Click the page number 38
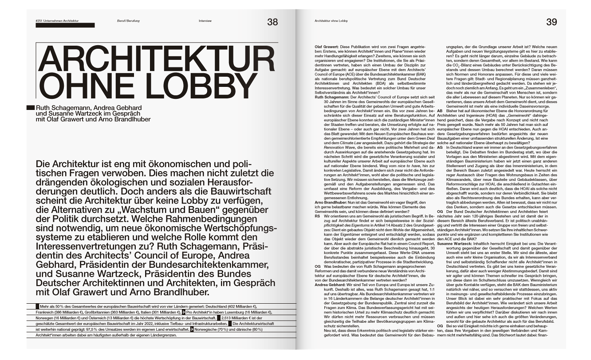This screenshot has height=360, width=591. tap(272, 22)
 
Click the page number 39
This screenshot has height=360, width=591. tap(551, 22)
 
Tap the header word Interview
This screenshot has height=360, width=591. tap(205, 21)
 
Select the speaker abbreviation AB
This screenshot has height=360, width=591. tap(440, 111)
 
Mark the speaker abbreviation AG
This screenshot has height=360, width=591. tap(440, 147)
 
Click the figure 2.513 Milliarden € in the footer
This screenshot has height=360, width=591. tap(240, 318)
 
